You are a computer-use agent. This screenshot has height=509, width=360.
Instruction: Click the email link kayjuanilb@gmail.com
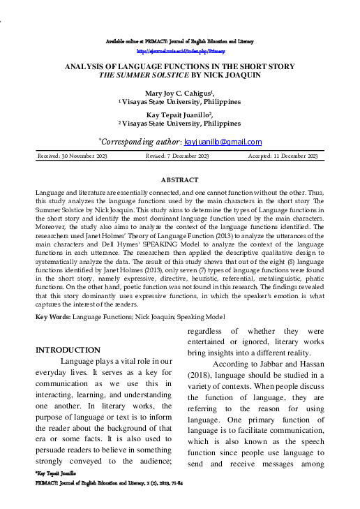click(223, 142)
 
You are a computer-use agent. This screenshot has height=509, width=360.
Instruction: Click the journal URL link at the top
click(180, 52)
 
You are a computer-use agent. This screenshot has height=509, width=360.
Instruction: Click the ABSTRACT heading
click(179, 180)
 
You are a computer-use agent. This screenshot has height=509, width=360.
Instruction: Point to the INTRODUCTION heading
click(68, 350)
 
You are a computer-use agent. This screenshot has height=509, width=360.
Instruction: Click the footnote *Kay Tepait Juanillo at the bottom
click(54, 473)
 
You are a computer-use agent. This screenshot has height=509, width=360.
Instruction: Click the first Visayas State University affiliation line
click(180, 102)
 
